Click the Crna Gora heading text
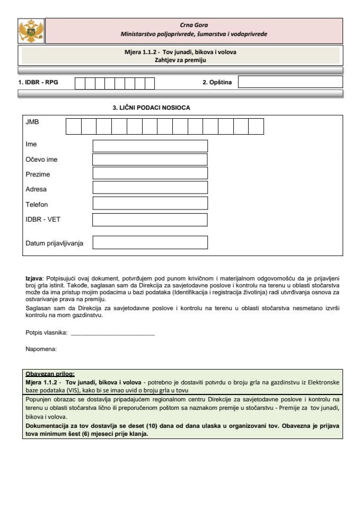tap(194, 25)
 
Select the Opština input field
tap(290, 82)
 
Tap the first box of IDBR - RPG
tap(80, 83)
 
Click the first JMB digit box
tap(74, 126)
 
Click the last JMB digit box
tap(256, 126)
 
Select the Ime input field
tap(150, 146)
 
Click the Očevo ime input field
tap(150, 160)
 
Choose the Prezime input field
tap(150, 173)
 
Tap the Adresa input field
tap(150, 188)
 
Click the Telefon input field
tap(150, 203)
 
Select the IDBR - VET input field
tap(150, 220)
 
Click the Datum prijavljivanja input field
tap(150, 242)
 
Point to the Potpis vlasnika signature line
tap(112, 334)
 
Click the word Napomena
tap(41, 349)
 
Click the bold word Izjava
tap(34, 278)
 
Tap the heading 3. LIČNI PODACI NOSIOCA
tap(151, 108)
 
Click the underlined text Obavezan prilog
tap(50, 373)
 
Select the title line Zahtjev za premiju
tap(180, 60)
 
